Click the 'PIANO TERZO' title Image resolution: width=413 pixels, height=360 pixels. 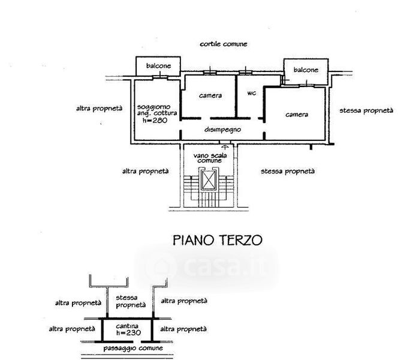[218, 241]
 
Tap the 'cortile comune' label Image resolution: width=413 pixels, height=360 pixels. [224, 44]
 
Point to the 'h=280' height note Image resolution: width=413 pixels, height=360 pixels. [155, 120]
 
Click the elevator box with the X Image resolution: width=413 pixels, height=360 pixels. [208, 179]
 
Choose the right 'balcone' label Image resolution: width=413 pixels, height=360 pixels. [305, 70]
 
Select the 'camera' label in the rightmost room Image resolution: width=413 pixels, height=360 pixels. [297, 115]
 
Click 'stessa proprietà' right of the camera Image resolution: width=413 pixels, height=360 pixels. [366, 110]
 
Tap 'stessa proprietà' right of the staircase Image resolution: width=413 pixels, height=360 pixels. [288, 171]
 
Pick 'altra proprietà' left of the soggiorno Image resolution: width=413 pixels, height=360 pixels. [99, 109]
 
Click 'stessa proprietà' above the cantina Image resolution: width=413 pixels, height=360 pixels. [127, 300]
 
